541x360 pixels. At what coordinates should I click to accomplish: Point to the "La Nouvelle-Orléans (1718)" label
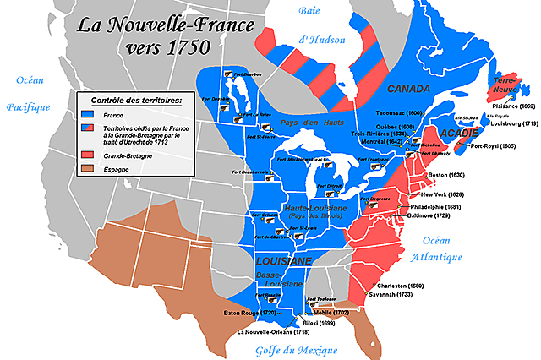coord(272,332)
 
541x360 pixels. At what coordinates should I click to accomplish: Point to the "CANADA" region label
coord(409,89)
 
